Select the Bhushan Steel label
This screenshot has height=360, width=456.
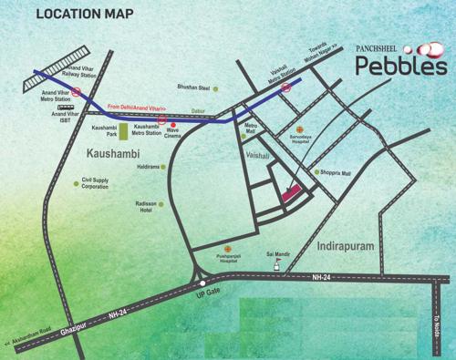point(193,88)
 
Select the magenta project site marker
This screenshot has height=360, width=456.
point(293,193)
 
